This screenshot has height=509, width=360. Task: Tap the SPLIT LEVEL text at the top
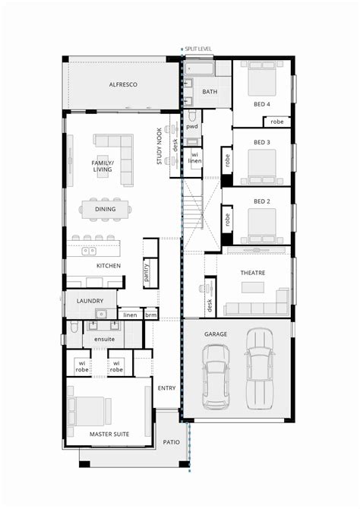(199, 49)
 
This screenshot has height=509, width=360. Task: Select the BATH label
(210, 92)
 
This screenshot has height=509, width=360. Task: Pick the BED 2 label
(262, 201)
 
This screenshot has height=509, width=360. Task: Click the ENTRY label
(167, 388)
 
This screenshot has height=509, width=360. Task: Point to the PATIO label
(172, 441)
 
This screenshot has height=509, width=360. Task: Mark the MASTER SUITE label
(110, 434)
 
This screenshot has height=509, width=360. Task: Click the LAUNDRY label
(90, 302)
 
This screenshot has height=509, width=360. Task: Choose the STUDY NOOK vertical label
(159, 146)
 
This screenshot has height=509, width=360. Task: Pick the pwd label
(191, 127)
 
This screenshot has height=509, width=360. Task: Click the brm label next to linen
(150, 315)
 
